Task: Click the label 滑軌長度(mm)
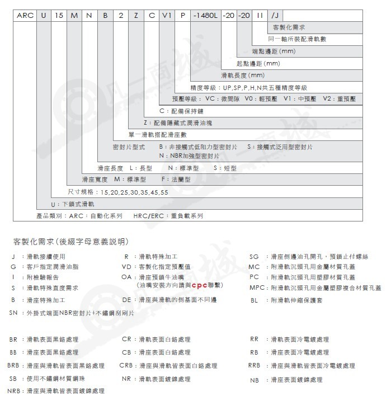(242, 75)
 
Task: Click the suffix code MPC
(257, 287)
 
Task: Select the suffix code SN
(14, 313)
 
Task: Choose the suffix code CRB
(126, 365)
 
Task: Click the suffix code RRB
(255, 365)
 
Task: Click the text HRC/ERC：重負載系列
(168, 215)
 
